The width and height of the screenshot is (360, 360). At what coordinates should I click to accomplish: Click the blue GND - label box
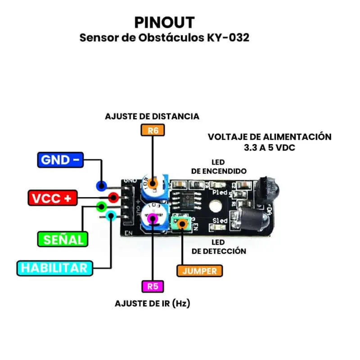[61, 160]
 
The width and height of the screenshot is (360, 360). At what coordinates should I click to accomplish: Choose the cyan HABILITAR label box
[54, 268]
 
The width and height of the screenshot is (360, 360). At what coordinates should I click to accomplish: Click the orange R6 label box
[153, 130]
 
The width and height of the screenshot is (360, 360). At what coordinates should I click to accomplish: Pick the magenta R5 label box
[153, 286]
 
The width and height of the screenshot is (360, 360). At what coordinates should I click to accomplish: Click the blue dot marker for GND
[101, 185]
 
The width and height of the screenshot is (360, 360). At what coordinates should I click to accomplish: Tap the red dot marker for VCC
[113, 197]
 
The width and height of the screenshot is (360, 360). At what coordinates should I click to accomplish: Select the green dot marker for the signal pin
[102, 207]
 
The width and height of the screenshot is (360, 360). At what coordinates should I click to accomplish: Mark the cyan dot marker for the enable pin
[111, 217]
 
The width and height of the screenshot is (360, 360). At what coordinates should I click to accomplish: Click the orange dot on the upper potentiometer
[153, 184]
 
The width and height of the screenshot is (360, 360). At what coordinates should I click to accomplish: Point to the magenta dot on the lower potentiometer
[153, 219]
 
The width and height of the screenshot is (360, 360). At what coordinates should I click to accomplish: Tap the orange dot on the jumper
[182, 224]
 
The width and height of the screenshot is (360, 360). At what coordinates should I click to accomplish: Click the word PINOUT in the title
[165, 22]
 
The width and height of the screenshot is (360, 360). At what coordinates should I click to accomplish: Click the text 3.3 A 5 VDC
[269, 148]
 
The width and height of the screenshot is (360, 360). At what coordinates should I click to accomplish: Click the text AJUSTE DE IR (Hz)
[153, 303]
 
